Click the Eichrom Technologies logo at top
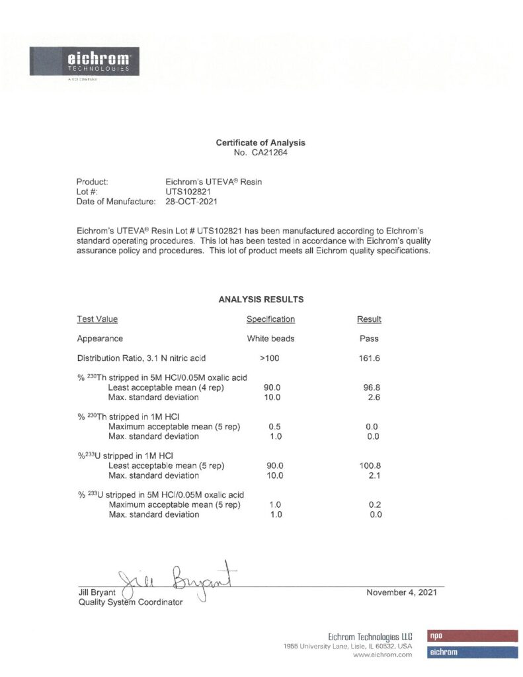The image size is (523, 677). click(x=81, y=63)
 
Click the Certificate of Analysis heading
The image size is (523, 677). click(x=261, y=143)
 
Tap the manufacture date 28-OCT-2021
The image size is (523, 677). click(x=191, y=201)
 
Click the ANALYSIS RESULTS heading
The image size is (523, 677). click(x=261, y=299)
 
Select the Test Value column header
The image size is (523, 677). click(x=97, y=319)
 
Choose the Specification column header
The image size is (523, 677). click(x=270, y=319)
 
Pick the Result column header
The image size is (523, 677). click(x=369, y=319)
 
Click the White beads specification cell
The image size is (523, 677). click(x=270, y=338)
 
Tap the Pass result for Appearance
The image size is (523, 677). click(x=369, y=338)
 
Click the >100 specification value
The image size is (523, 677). click(x=270, y=358)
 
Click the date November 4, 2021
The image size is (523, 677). click(x=401, y=592)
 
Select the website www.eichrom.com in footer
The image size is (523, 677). click(x=383, y=655)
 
